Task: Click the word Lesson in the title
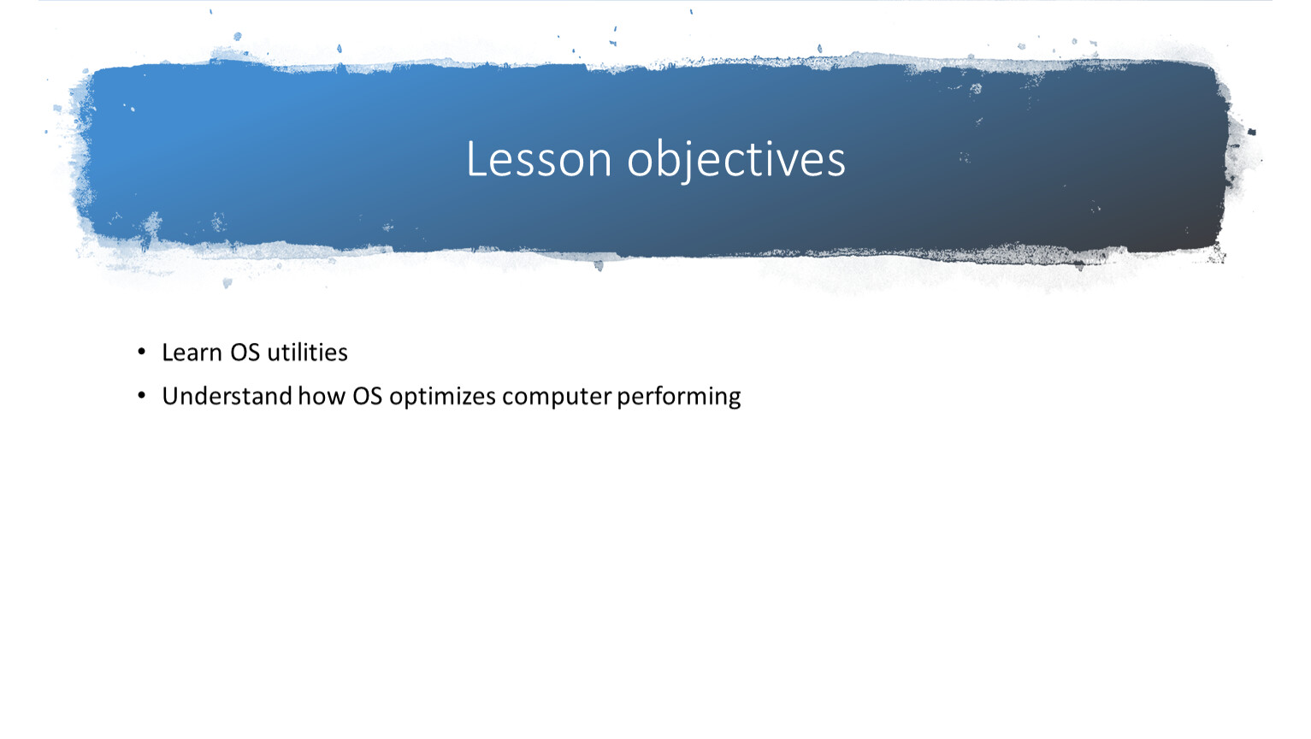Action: point(539,159)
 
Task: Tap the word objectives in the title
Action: point(736,161)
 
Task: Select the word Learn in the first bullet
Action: point(192,352)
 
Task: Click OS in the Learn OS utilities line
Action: point(245,352)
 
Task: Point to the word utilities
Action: point(307,352)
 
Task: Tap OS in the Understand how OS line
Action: point(367,396)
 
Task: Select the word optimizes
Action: point(442,399)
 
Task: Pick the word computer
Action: point(557,399)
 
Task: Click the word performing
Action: point(679,399)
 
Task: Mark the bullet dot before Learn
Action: point(141,352)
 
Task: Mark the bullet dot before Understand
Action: point(141,396)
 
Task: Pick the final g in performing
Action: point(734,401)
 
